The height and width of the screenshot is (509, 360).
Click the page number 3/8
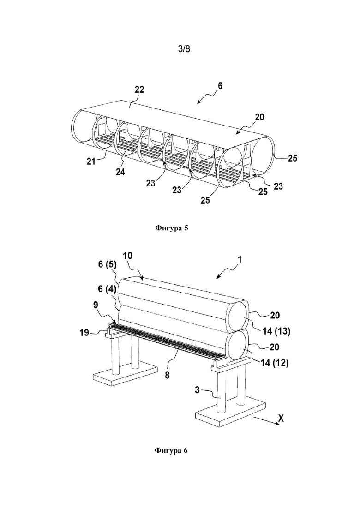tap(184, 49)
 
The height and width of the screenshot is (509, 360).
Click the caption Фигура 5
tap(172, 228)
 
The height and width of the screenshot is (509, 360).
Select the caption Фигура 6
tap(171, 450)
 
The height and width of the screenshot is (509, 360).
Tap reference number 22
tap(139, 90)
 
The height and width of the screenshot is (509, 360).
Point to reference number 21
tap(91, 161)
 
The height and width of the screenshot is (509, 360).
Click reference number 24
tap(120, 172)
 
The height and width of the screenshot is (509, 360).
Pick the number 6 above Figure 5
tap(221, 86)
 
